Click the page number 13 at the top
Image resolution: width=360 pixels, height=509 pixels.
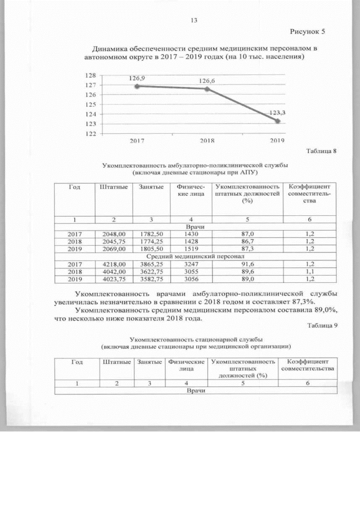pos(194,21)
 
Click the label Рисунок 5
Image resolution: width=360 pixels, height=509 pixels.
pos(308,31)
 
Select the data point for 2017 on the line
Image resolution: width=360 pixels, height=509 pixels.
pos(137,86)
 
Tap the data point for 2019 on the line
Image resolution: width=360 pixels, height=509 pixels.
pos(277,120)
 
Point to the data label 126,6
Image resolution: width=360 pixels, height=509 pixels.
pos(208,81)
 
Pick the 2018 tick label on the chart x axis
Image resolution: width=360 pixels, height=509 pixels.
pos(208,141)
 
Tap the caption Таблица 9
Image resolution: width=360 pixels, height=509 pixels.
pos(321,326)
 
